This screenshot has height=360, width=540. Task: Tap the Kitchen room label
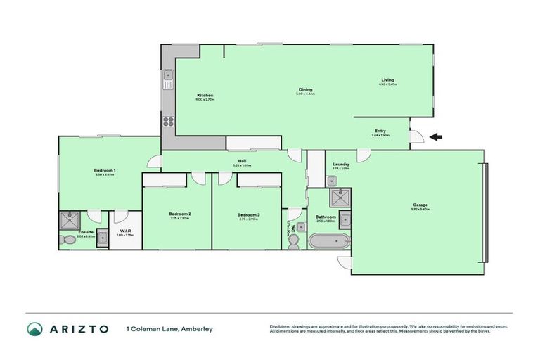point(205,96)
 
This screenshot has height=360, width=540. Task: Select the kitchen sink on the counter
point(168,79)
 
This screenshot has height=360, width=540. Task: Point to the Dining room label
point(305,90)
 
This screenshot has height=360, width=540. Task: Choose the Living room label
point(387,80)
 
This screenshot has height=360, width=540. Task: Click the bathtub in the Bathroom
point(329,241)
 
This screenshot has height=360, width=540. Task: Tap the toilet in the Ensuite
point(69,240)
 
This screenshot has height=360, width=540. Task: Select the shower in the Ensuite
point(70,219)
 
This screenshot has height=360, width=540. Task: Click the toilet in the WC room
point(295,240)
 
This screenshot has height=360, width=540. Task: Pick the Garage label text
point(420,205)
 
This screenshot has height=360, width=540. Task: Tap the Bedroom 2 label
point(180,214)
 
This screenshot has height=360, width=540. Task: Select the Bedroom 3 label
point(248,214)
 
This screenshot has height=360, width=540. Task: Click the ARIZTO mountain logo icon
point(34,329)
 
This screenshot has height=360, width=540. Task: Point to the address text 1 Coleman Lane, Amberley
point(169,329)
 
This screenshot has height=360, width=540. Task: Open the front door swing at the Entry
point(416,138)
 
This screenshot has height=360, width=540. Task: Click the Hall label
point(242,162)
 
